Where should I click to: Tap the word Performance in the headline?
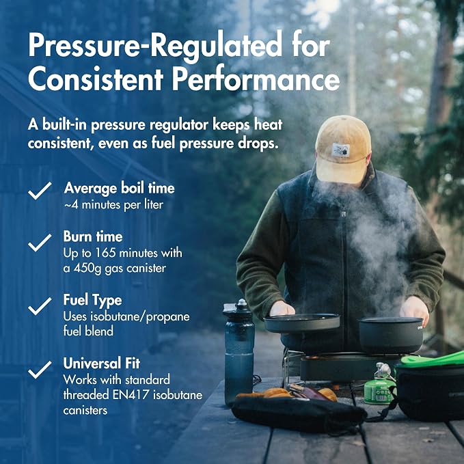click(256, 79)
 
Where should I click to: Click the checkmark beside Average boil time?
click(40, 191)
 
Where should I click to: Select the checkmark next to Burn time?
click(40, 243)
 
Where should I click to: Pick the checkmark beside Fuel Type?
click(40, 306)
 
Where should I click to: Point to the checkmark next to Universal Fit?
click(40, 370)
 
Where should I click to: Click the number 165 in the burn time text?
click(105, 253)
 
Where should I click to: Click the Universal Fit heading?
click(102, 364)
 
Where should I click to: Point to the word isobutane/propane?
click(139, 317)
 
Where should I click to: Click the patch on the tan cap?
click(340, 150)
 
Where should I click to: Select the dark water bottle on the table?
click(238, 352)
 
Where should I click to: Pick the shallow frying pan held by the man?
click(302, 323)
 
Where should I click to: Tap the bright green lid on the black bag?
click(433, 359)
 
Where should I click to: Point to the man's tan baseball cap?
click(343, 149)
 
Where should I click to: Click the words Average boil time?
click(120, 189)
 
